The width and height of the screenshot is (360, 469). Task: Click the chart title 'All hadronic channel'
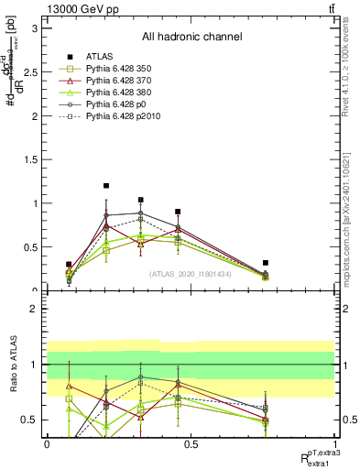[x=191, y=38]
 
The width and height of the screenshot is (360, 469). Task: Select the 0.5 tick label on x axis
[x=191, y=444]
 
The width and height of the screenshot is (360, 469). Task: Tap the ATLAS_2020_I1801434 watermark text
[x=191, y=274]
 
